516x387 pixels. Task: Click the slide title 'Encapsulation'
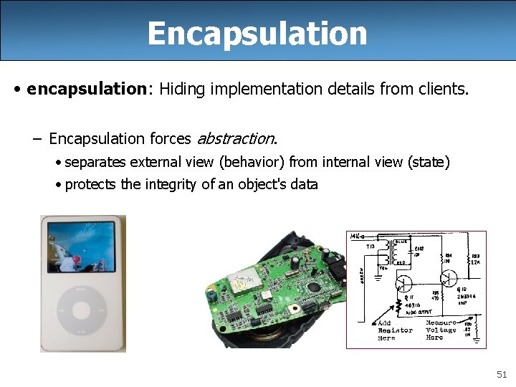(257, 33)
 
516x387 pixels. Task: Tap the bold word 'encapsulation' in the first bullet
(86, 89)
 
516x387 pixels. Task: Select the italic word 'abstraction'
(234, 138)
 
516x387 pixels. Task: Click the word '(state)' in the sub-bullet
(428, 163)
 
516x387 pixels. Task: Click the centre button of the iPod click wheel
(81, 310)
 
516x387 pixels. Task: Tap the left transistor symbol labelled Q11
(404, 283)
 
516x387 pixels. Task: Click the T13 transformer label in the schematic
(371, 246)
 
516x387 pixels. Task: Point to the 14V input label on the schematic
(355, 236)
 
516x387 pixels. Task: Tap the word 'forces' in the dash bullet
(171, 138)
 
